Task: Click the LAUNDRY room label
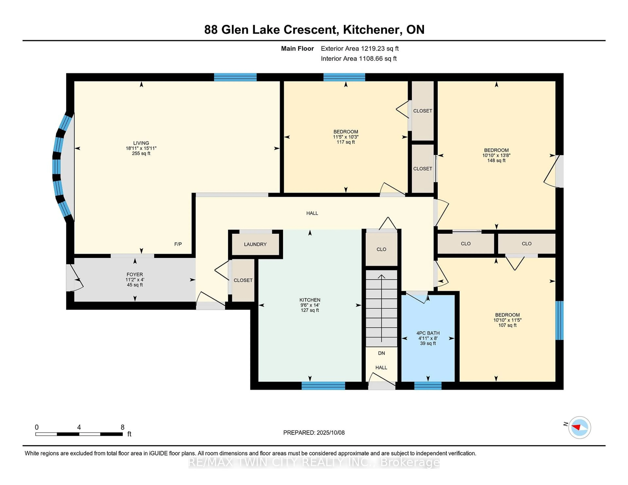coord(255,244)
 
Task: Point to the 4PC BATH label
coord(428,333)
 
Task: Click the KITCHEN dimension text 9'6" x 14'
coord(310,305)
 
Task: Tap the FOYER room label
coord(135,274)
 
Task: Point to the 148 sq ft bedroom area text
coord(496,160)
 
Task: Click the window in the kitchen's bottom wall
coord(323,386)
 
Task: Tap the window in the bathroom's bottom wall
coord(428,386)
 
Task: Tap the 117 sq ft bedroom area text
coord(346,142)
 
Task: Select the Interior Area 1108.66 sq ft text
coord(359,59)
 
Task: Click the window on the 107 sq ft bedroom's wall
coord(559,320)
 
